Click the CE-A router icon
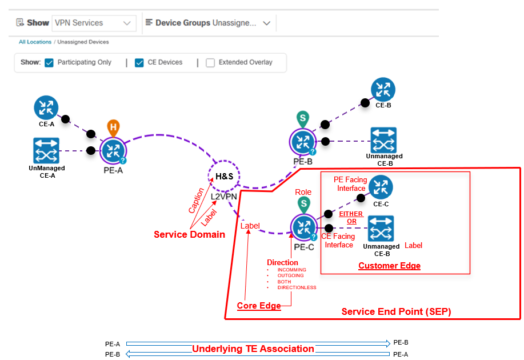click(x=46, y=107)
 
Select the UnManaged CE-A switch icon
click(x=46, y=151)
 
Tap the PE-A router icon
click(x=113, y=151)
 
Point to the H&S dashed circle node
click(x=223, y=175)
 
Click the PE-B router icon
click(x=303, y=141)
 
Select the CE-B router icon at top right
click(x=382, y=89)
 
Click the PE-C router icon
click(x=303, y=227)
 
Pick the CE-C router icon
click(x=381, y=187)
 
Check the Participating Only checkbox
click(x=49, y=63)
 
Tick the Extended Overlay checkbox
click(x=210, y=63)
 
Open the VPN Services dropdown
click(x=94, y=23)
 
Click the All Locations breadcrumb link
click(x=35, y=42)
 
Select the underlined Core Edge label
click(x=259, y=306)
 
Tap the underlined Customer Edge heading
click(x=389, y=266)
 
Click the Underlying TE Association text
click(x=253, y=349)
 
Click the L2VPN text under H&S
click(x=223, y=197)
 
